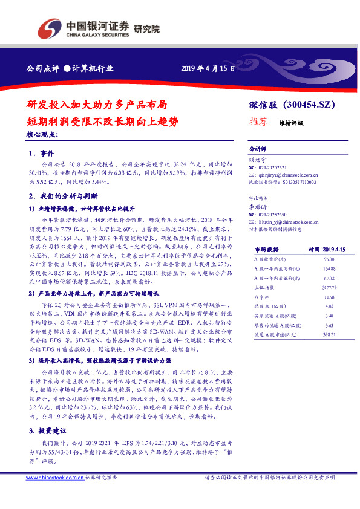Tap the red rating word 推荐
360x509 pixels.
pyautogui.click(x=258, y=121)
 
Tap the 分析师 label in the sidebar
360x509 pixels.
pyautogui.click(x=258, y=148)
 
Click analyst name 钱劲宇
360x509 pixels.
pyautogui.click(x=258, y=160)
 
